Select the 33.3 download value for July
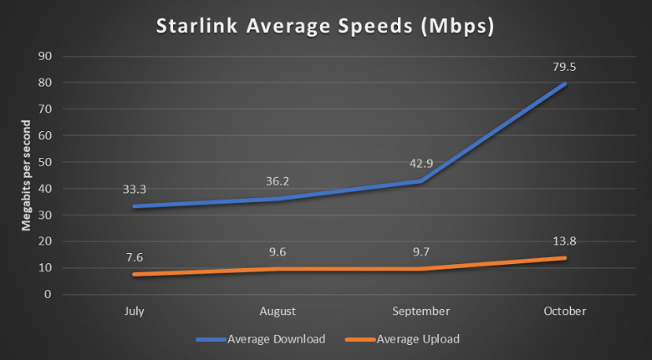[x=134, y=189]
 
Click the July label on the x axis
[x=133, y=312]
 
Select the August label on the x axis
[x=278, y=312]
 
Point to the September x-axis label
[x=420, y=312]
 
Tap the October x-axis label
[x=565, y=312]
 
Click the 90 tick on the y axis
[x=46, y=56]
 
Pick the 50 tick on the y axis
[x=46, y=162]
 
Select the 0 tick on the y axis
[x=48, y=295]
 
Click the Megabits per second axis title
[x=27, y=175]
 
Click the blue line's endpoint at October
[x=565, y=84]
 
